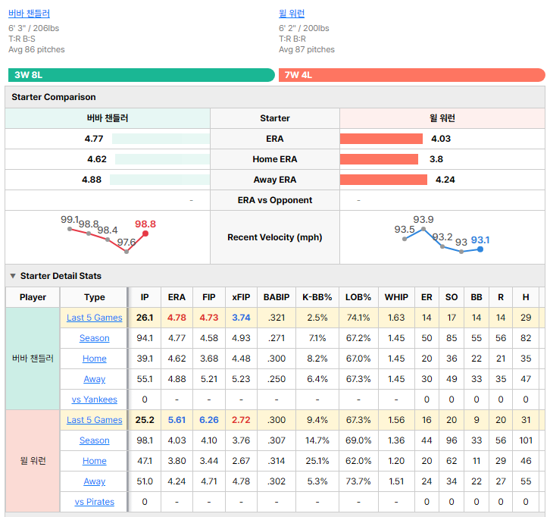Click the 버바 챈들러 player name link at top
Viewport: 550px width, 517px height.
click(29, 14)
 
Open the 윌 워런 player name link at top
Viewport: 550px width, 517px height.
click(292, 14)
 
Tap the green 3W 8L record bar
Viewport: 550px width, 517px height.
click(142, 75)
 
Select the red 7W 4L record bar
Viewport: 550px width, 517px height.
click(412, 75)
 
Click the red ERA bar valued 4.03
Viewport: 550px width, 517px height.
click(381, 139)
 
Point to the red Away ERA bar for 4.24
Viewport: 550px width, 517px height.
click(383, 180)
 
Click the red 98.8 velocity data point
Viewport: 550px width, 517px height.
click(145, 233)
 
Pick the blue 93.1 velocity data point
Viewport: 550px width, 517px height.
click(480, 249)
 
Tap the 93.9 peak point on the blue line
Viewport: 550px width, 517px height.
click(423, 229)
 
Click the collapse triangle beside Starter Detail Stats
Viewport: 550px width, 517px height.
click(13, 276)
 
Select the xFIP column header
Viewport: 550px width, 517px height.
click(241, 297)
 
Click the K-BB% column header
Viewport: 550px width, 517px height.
click(317, 297)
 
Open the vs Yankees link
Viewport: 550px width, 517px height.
click(95, 399)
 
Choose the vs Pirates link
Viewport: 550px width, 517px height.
click(95, 502)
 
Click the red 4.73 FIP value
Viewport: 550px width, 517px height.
click(209, 318)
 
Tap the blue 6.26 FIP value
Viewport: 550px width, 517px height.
click(209, 420)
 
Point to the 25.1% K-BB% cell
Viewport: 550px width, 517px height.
click(317, 461)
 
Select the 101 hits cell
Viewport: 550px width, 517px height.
click(526, 440)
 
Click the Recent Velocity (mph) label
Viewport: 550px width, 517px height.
click(275, 237)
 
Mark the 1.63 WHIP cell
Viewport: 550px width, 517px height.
click(396, 318)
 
